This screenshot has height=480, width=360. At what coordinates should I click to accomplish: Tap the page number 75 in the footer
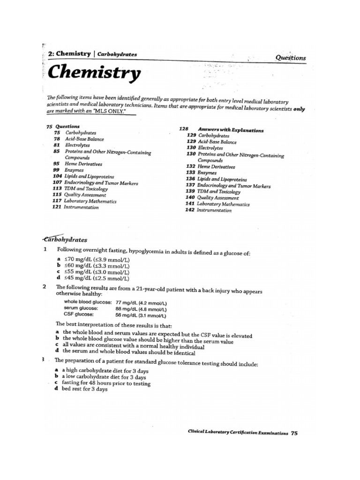[x=294, y=433]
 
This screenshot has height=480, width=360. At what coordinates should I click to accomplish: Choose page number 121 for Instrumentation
[x=57, y=207]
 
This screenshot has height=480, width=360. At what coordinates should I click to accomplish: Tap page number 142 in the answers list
[x=189, y=210]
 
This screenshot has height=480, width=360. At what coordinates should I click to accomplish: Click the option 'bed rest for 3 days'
[x=85, y=389]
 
